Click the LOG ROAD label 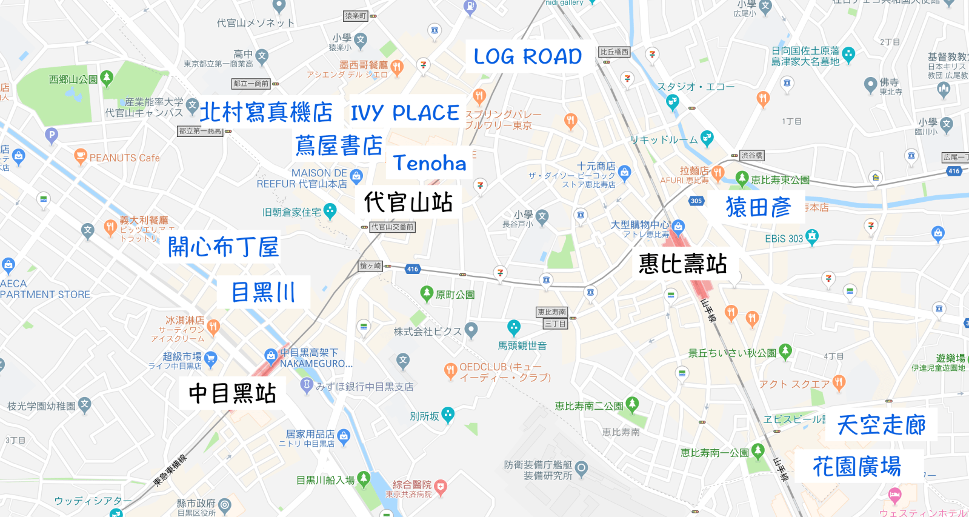[x=527, y=57]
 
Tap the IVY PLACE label [x=405, y=113]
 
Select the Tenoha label [x=430, y=163]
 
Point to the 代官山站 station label [x=408, y=202]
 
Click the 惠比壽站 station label [x=682, y=264]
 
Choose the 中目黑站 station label [x=233, y=393]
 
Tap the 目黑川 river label [x=264, y=293]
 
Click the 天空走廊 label [x=881, y=425]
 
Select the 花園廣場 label [x=857, y=467]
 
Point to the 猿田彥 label [x=759, y=208]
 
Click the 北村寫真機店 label [x=266, y=113]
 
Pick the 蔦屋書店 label [x=339, y=146]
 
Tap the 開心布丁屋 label [x=223, y=247]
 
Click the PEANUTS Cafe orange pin [x=80, y=156]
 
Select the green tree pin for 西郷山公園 [x=107, y=78]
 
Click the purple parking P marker [x=52, y=135]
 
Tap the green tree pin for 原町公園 [x=427, y=294]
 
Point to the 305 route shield [x=696, y=201]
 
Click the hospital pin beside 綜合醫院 [x=441, y=487]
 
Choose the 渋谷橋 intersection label [x=751, y=156]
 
